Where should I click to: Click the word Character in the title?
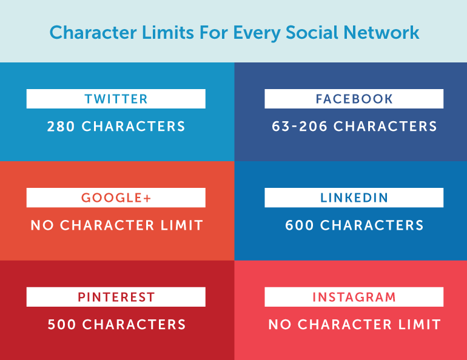point(93,32)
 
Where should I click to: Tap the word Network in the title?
point(381,32)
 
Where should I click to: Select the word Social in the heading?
point(312,32)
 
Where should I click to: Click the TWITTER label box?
point(116,99)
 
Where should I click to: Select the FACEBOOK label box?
point(354,99)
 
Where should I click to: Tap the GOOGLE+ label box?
point(116,198)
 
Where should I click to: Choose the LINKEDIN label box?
point(354,198)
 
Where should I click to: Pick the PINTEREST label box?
point(116,297)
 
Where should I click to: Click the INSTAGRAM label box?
point(354,297)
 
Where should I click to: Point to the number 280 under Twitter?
point(61,127)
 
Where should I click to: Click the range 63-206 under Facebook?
point(300,127)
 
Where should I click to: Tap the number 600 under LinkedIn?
point(300,225)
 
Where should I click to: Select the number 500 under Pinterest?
point(62,325)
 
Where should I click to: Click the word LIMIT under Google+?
point(182,225)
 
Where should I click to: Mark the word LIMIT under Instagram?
point(420,325)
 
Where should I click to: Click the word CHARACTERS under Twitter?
point(133,127)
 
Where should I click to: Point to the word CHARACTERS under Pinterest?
point(134,325)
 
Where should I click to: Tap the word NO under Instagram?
point(280,325)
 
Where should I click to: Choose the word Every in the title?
point(257,32)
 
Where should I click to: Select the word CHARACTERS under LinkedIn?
point(372,225)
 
